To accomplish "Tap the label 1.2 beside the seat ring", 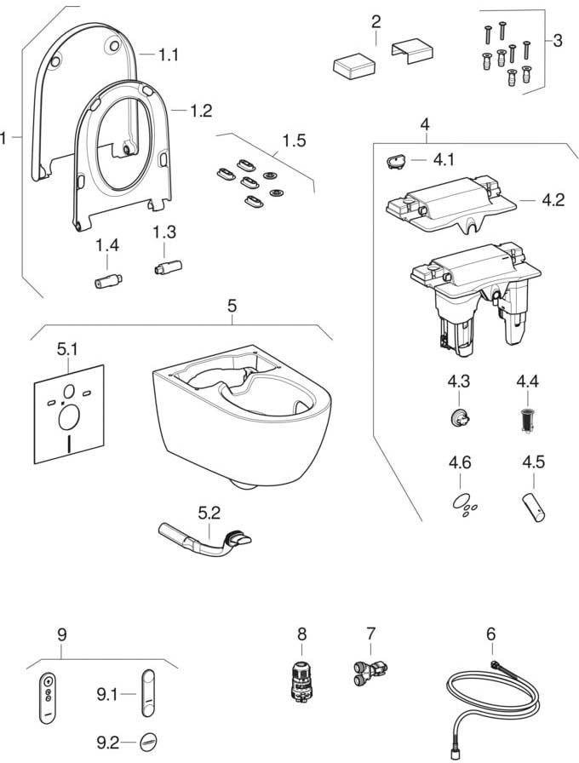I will pos(201,111).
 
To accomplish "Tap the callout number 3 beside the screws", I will pos(558,40).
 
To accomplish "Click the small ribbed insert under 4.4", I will pos(526,418).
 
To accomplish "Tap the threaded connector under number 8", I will pos(299,680).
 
